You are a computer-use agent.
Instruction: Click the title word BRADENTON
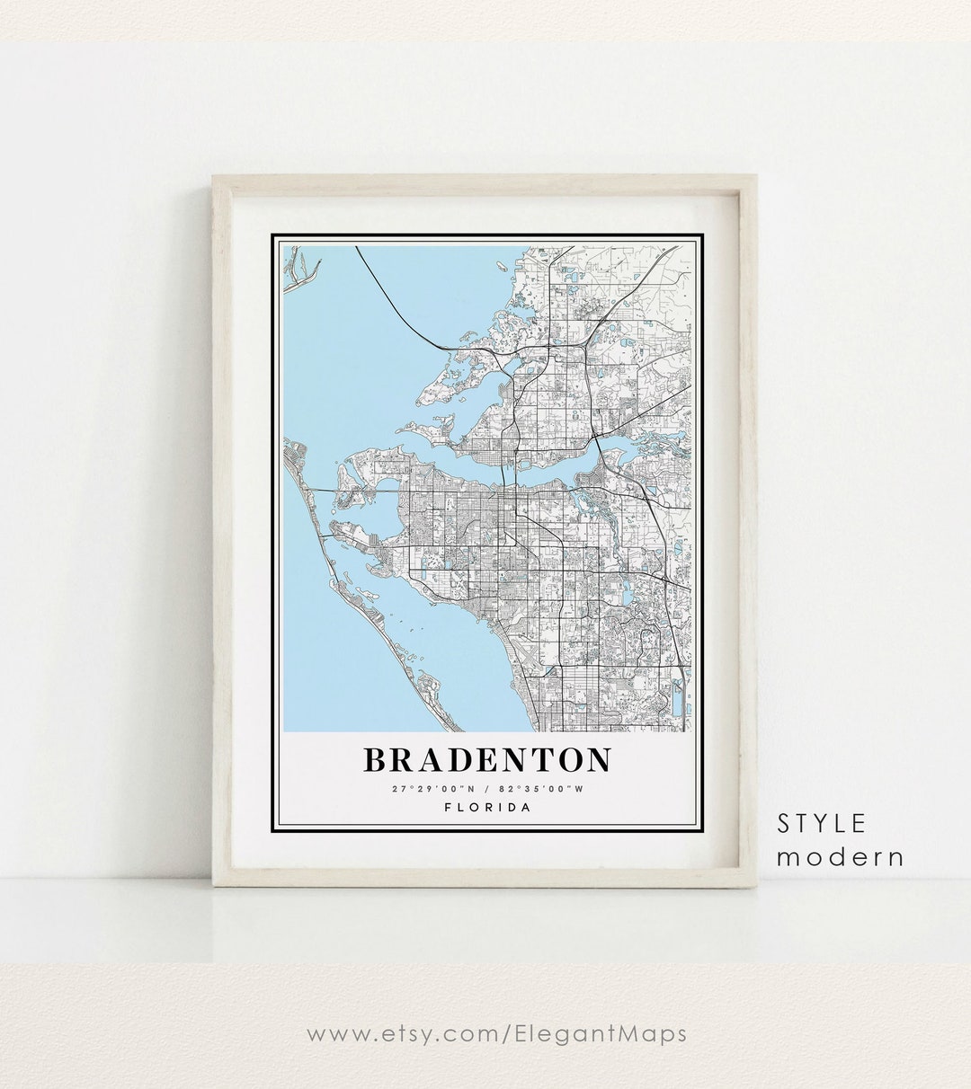pos(487,760)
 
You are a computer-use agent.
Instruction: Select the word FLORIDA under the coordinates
pos(487,807)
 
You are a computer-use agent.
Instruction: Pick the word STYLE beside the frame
pos(822,823)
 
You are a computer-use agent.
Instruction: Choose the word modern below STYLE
pos(841,857)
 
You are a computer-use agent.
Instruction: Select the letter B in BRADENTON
pos(374,760)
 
